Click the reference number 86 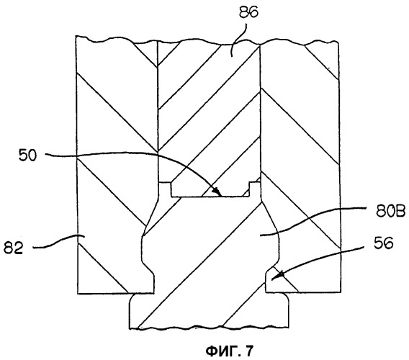249,12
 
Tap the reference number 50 27,156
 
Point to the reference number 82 14,248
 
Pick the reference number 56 383,244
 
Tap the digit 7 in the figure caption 248,351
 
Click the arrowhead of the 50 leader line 217,192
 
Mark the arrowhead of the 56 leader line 278,276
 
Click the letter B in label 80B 400,212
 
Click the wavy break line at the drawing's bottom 209,327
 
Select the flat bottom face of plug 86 210,197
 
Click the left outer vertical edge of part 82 77,164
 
